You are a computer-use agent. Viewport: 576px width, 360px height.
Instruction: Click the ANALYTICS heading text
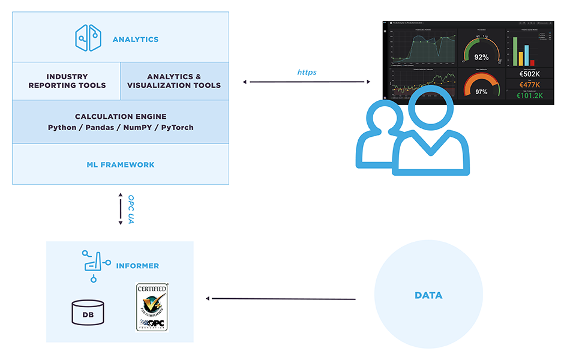tap(136, 40)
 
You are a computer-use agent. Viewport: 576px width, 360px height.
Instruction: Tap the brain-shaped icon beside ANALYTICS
tap(88, 37)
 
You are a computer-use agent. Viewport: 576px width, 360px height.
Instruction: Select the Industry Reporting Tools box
tap(67, 81)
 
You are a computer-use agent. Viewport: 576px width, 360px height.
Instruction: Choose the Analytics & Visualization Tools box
tap(174, 81)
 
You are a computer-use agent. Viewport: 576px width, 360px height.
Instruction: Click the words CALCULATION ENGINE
tap(121, 116)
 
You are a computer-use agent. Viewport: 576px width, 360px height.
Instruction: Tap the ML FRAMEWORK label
tap(121, 164)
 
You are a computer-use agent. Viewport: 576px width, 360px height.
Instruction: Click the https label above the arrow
tap(307, 72)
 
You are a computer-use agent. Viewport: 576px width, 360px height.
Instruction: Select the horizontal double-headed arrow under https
tap(307, 82)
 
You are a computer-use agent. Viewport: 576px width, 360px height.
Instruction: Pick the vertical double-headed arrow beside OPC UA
tap(121, 209)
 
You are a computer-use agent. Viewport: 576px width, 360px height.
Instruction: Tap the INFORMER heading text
tap(138, 266)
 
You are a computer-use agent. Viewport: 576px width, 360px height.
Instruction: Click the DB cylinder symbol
tap(88, 312)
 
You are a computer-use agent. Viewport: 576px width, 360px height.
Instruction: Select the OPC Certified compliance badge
tap(152, 307)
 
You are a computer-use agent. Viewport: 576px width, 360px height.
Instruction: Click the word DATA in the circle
tap(428, 295)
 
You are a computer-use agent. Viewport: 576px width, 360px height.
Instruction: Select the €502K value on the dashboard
tap(530, 74)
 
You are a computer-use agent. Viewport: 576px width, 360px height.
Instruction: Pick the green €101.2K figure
tap(530, 95)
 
